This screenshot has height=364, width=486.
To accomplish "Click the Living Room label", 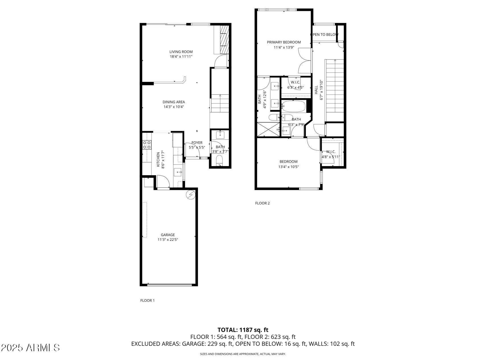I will pyautogui.click(x=181, y=52).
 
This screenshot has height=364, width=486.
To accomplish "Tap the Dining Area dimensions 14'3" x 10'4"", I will pyautogui.click(x=174, y=107).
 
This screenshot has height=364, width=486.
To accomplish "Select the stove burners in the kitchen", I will pyautogui.click(x=147, y=145).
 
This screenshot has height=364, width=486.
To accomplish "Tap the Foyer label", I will pyautogui.click(x=197, y=143).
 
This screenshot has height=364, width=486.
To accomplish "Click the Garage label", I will pyautogui.click(x=168, y=235).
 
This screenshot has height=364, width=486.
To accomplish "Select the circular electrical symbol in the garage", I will pyautogui.click(x=190, y=195).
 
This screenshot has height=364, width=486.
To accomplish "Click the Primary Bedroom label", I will pyautogui.click(x=284, y=42).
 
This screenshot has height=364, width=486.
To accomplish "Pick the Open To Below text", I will pyautogui.click(x=324, y=35).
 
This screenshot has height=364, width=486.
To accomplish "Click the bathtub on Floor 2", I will pyautogui.click(x=294, y=106).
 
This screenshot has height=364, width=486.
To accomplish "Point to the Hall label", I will pyautogui.click(x=316, y=90).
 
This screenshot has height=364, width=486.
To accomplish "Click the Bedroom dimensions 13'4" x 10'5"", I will pyautogui.click(x=288, y=167).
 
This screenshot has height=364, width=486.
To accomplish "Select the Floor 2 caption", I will pyautogui.click(x=262, y=203).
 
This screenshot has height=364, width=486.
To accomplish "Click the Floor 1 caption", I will pyautogui.click(x=147, y=300).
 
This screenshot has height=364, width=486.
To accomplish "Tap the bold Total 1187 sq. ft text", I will pyautogui.click(x=243, y=330).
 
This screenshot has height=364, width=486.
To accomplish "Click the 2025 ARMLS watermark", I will pyautogui.click(x=30, y=348).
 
